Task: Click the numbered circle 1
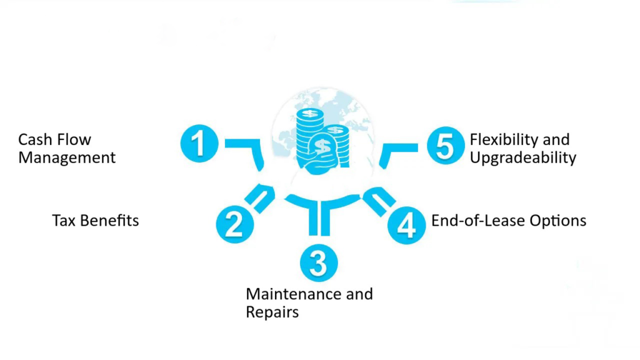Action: pos(199,144)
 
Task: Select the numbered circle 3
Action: pos(318,264)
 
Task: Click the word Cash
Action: pos(36,139)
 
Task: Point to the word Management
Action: pos(67,157)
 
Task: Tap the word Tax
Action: pos(64,221)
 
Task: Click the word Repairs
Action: pos(272,312)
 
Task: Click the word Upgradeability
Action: pos(522,157)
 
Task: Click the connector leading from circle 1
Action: pos(247,150)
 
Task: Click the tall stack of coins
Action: pos(309,134)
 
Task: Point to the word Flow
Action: pos(75,139)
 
